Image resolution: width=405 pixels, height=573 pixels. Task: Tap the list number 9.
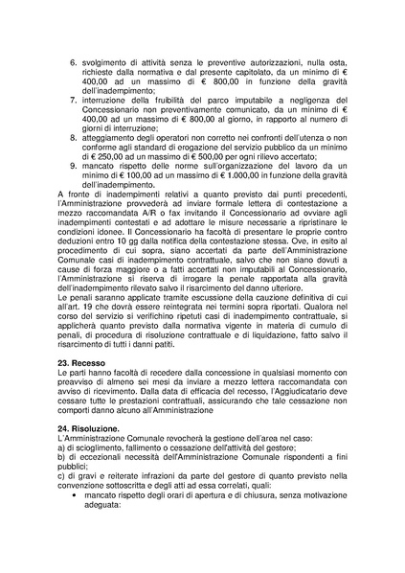76,166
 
